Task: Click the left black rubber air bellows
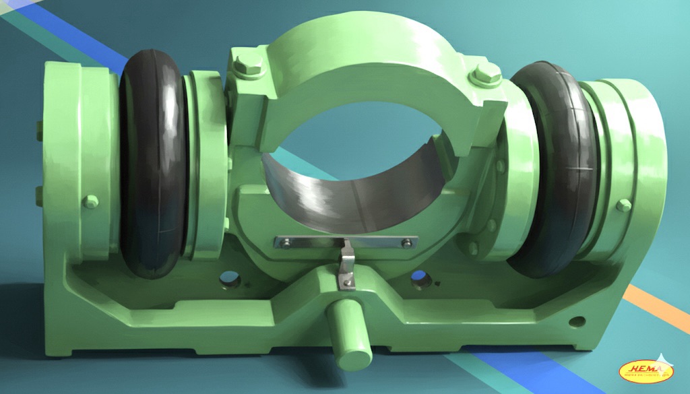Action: click(153, 162)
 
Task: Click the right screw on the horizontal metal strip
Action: click(406, 243)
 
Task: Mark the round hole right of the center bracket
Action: click(418, 277)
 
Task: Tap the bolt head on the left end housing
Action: click(90, 201)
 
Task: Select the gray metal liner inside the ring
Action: click(350, 189)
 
